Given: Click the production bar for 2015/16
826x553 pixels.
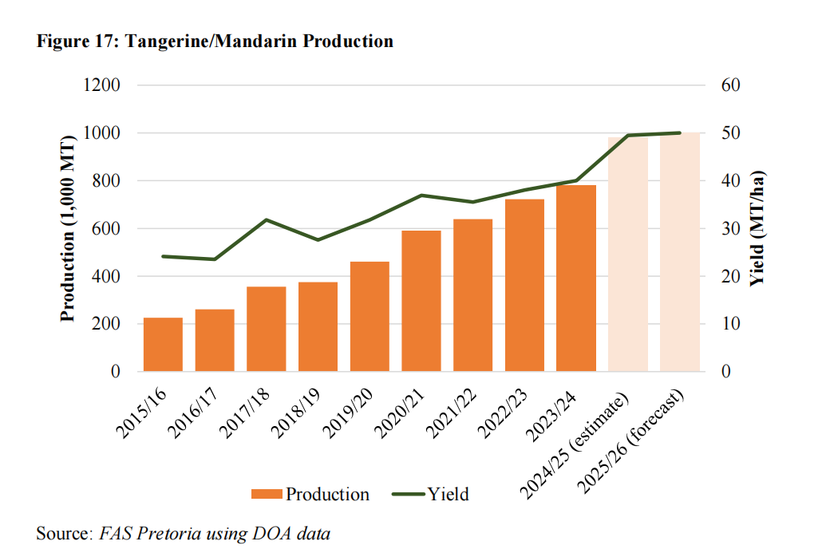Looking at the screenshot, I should [x=163, y=345].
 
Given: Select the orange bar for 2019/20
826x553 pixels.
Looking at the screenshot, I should [x=370, y=317].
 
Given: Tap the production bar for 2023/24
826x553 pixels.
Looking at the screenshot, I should [x=576, y=278].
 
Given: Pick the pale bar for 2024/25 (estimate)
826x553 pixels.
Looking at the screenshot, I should [x=628, y=255].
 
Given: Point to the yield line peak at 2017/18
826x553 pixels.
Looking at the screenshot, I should [x=267, y=219].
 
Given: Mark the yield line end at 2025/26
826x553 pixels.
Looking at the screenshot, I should [x=680, y=132].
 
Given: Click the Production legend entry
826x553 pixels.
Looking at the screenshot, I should [x=310, y=494].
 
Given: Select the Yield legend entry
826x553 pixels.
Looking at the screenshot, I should [x=431, y=494].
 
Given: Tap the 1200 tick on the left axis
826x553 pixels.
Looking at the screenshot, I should [x=101, y=85].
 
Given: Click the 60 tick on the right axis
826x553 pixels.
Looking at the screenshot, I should [x=731, y=85].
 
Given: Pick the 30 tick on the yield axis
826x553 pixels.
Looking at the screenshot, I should [x=731, y=229].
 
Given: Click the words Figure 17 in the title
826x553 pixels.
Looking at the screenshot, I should [x=74, y=41].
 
